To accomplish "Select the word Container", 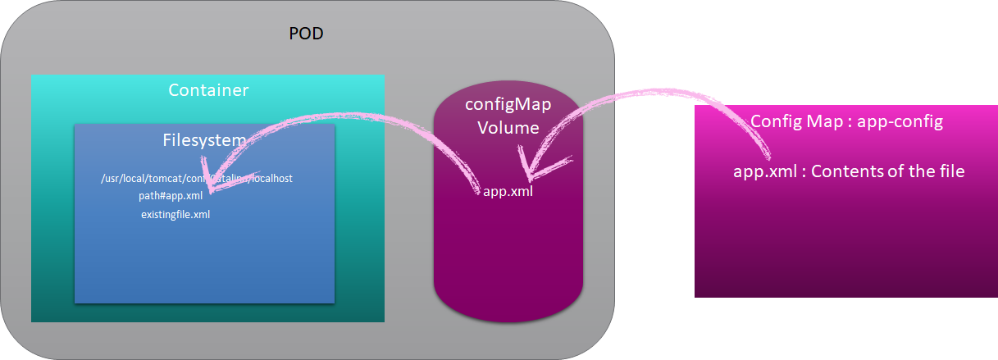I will [x=208, y=90].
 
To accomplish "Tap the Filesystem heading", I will [x=204, y=140].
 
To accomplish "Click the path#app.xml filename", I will [x=171, y=196].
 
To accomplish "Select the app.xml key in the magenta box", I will [x=760, y=172].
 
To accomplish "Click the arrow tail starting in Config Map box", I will [x=769, y=156].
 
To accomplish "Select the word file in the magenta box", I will [x=949, y=172].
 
